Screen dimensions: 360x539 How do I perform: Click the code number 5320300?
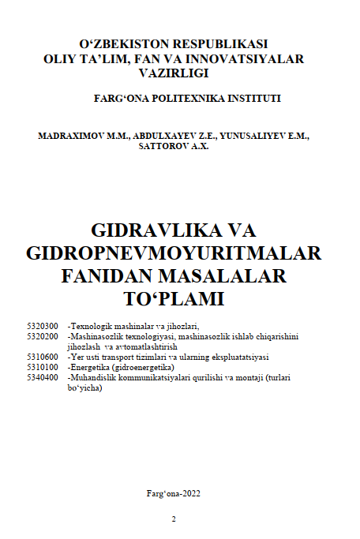tap(42, 326)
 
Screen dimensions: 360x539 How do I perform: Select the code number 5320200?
tap(42, 336)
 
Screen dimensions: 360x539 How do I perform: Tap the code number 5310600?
tap(42, 357)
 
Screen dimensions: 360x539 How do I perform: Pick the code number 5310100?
tap(42, 367)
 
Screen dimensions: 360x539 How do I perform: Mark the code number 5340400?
tap(42, 377)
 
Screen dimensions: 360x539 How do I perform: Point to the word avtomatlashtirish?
tap(151, 346)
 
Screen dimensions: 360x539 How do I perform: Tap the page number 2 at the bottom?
tap(174, 518)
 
